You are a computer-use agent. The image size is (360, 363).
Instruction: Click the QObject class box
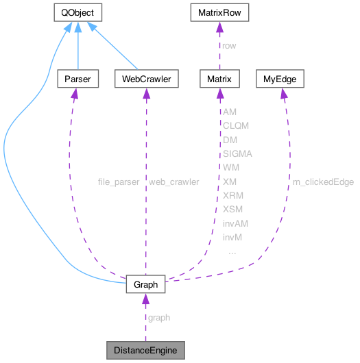click(78, 12)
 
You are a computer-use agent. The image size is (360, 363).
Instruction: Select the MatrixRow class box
click(218, 12)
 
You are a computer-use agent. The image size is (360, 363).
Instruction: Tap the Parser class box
click(77, 79)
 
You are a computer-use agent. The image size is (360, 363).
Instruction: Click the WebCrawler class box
click(146, 79)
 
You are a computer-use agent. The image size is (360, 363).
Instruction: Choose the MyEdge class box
click(280, 79)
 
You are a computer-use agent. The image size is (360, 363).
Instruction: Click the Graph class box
click(145, 284)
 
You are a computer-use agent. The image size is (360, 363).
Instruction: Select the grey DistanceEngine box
click(145, 351)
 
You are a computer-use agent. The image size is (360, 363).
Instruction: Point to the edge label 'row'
click(229, 46)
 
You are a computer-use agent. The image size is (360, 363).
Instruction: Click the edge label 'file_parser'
click(119, 181)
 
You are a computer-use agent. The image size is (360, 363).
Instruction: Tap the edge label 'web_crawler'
click(174, 181)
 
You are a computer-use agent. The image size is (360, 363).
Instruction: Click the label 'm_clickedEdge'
click(323, 181)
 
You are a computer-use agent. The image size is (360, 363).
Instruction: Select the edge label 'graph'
click(159, 317)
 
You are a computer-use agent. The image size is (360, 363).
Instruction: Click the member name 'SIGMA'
click(237, 153)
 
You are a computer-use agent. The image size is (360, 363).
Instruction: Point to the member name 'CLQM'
click(236, 126)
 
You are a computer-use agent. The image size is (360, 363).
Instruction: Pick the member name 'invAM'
click(235, 223)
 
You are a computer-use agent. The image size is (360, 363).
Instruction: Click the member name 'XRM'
click(233, 195)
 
